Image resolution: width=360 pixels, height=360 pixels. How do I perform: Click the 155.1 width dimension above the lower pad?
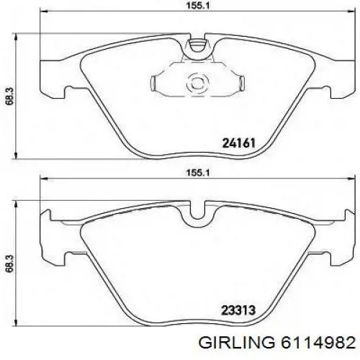click(194, 174)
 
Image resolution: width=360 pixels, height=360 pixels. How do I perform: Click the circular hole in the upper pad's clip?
click(194, 83)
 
